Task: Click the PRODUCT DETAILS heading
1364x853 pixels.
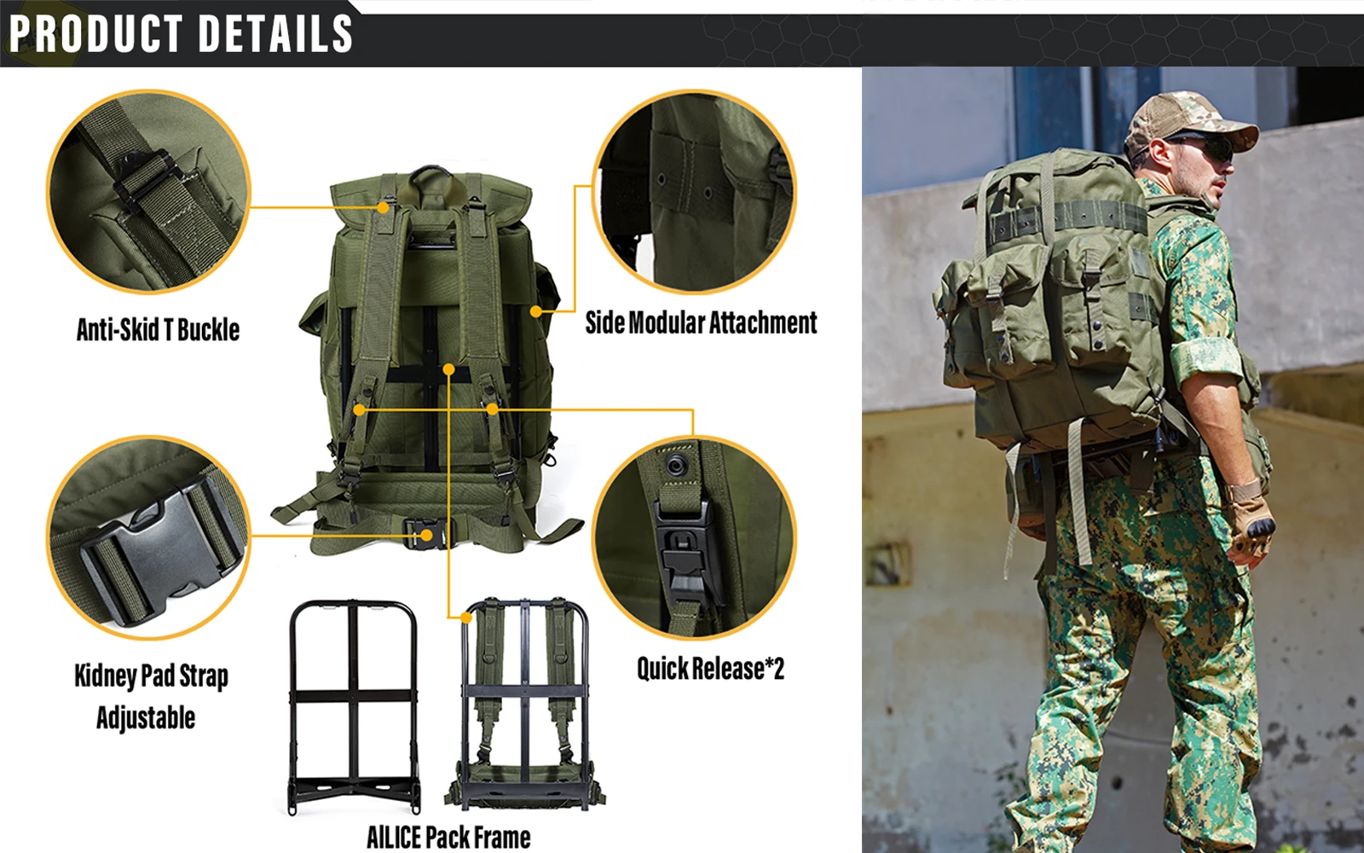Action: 181,33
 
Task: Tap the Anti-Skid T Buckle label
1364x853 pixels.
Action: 159,329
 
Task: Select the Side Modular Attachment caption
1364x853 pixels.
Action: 701,322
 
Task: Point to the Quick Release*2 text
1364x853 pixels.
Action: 711,669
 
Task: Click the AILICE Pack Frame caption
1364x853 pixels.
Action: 448,837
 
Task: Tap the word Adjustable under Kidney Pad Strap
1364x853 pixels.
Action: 146,717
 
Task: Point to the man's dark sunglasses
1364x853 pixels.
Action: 1203,147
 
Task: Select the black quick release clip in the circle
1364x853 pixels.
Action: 688,551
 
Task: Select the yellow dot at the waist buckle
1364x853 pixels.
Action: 427,536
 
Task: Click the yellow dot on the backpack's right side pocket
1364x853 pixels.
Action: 536,311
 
